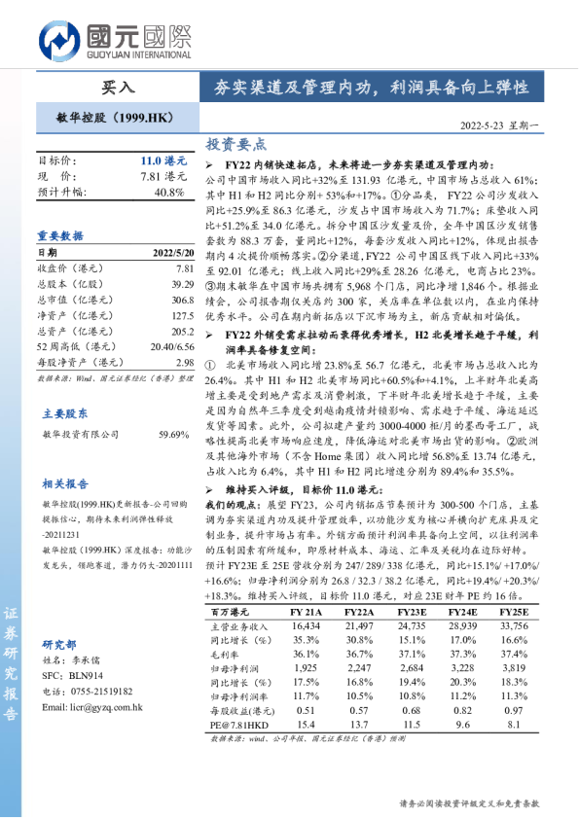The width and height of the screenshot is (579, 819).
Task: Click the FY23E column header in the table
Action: tap(412, 611)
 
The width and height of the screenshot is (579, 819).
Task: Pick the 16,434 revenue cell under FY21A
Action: tap(306, 625)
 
